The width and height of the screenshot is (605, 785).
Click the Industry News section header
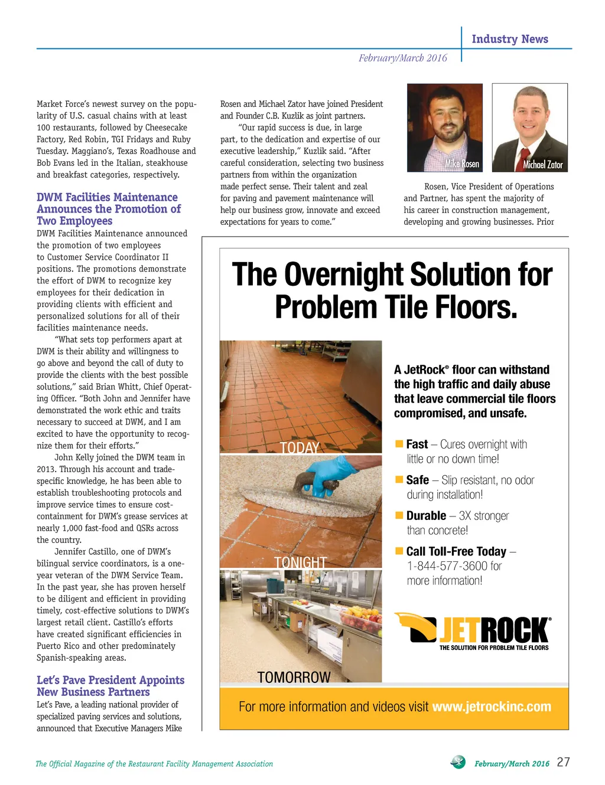(x=509, y=39)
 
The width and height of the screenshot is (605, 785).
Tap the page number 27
(x=563, y=762)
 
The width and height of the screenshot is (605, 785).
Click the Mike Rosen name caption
(x=462, y=163)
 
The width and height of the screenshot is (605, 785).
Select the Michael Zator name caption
(x=542, y=165)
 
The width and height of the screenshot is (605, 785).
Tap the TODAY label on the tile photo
(x=300, y=448)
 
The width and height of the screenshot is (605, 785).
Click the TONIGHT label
(x=300, y=562)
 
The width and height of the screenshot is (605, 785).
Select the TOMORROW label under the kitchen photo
(x=294, y=677)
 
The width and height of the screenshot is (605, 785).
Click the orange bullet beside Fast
(x=399, y=444)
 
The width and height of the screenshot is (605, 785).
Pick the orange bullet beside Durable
(x=399, y=515)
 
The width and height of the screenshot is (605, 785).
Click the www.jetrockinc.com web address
(x=492, y=706)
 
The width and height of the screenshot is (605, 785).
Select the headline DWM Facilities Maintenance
(x=107, y=197)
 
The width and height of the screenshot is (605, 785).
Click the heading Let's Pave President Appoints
(x=110, y=680)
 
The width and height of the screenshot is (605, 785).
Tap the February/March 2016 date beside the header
(x=402, y=58)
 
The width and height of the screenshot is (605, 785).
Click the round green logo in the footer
(x=458, y=762)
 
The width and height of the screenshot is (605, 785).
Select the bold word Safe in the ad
(x=417, y=480)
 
